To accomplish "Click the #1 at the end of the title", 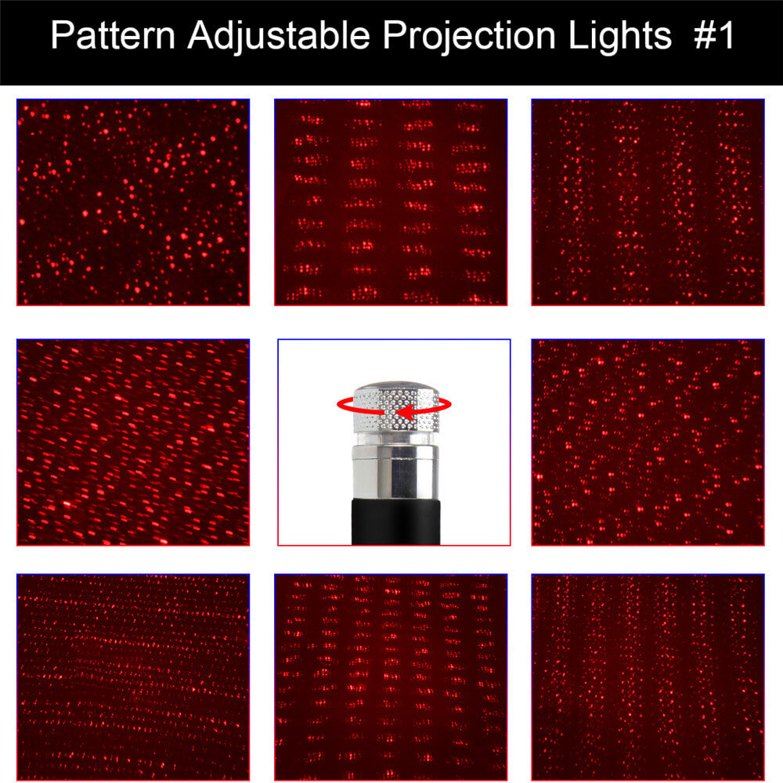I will (x=714, y=37).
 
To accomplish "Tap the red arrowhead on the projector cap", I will (x=402, y=412).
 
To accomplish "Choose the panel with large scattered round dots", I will (x=133, y=202).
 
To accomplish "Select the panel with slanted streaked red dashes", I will (x=133, y=442).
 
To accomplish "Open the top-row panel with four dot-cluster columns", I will (x=391, y=202).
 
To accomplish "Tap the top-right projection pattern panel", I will (x=648, y=202).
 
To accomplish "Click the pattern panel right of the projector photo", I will (x=648, y=442).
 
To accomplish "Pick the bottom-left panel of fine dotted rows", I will (x=133, y=677).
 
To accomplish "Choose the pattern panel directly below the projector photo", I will (x=391, y=677).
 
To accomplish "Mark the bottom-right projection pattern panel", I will (x=648, y=677).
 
